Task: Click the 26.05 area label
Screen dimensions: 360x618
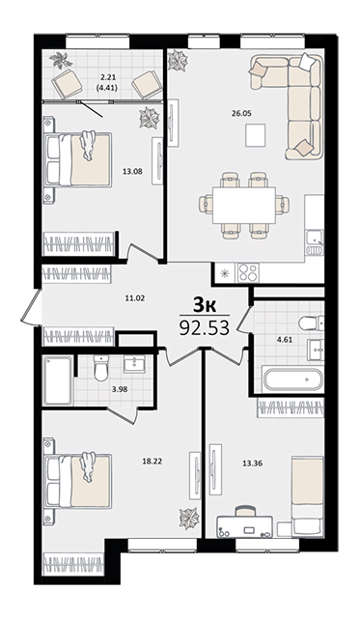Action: [241, 114]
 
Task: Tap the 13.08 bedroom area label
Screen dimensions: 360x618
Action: [132, 172]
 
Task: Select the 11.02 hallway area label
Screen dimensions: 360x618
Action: [135, 298]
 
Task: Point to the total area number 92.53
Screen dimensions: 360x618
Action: [204, 327]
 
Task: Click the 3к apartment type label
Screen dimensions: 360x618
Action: [204, 305]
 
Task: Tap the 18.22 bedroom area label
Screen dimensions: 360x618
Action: [152, 461]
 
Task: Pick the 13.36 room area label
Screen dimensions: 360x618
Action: [253, 463]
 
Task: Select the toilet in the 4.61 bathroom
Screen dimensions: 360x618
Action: [311, 323]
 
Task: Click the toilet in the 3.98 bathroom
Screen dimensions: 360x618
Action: [101, 368]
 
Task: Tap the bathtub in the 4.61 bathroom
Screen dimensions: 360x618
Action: [292, 379]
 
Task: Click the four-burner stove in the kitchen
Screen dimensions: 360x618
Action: [247, 272]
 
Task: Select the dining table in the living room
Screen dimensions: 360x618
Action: [244, 205]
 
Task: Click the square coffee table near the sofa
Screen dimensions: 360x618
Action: [255, 135]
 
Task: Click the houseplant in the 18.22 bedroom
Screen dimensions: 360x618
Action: [189, 518]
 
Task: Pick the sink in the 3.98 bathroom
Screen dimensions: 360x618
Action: [134, 364]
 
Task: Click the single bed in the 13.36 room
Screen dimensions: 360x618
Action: [308, 496]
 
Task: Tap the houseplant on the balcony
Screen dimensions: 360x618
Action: [61, 60]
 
